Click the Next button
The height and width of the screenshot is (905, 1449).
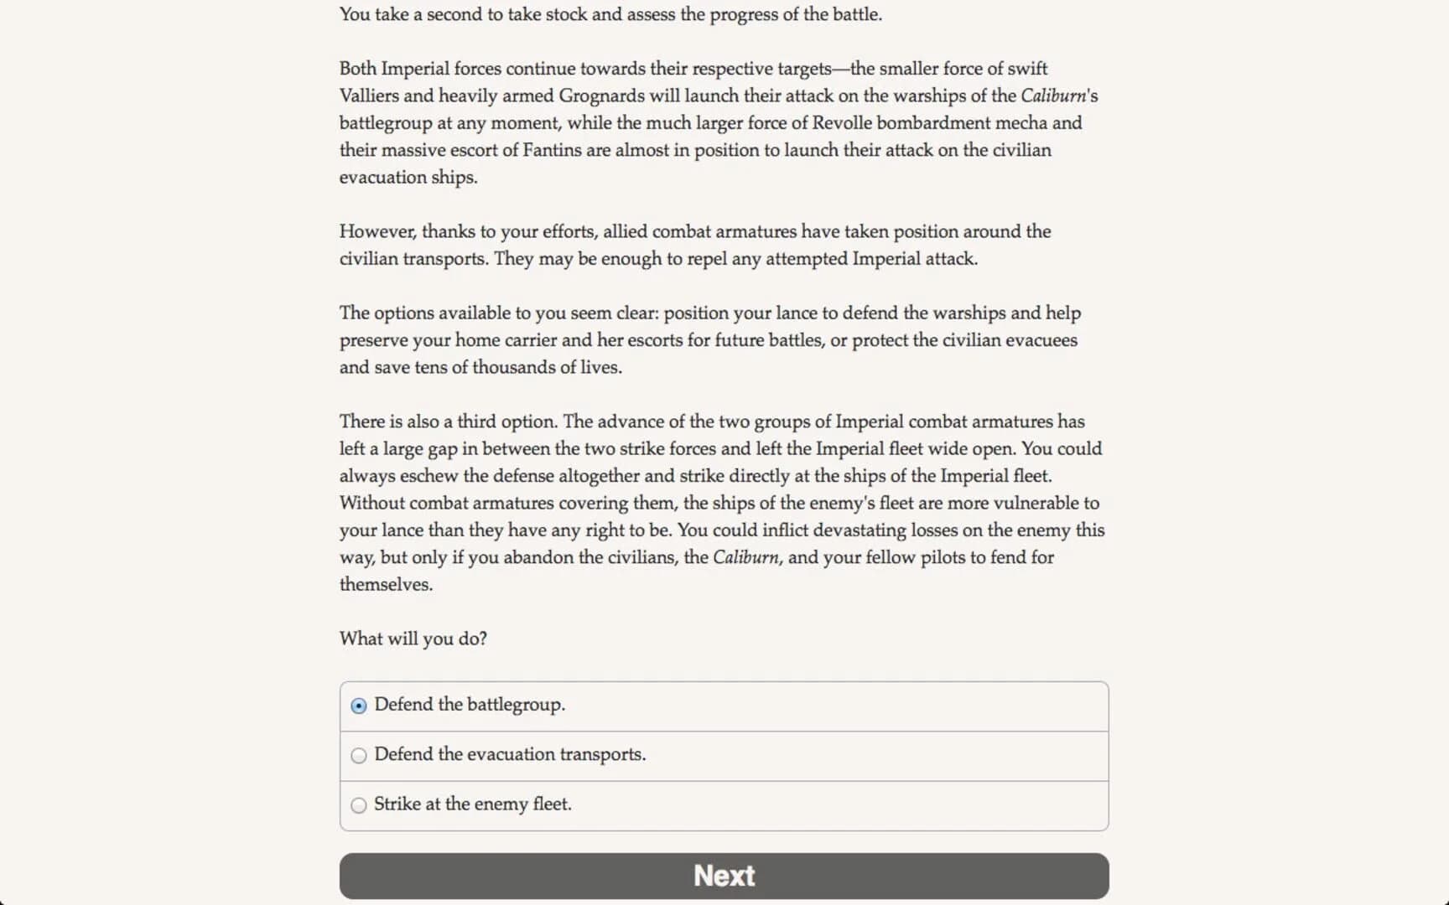pos(724,876)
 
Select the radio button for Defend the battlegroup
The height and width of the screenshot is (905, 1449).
pos(359,706)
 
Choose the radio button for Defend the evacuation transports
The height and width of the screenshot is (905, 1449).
pos(359,755)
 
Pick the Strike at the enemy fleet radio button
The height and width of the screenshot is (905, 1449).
pos(359,805)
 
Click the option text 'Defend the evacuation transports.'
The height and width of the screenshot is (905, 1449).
pos(510,754)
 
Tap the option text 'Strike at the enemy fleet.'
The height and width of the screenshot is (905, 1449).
pos(472,804)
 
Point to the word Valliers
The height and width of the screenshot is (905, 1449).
pos(369,96)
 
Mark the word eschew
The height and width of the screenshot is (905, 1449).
pos(428,476)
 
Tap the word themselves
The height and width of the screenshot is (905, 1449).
pos(386,585)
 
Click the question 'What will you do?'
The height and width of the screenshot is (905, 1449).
pos(413,639)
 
